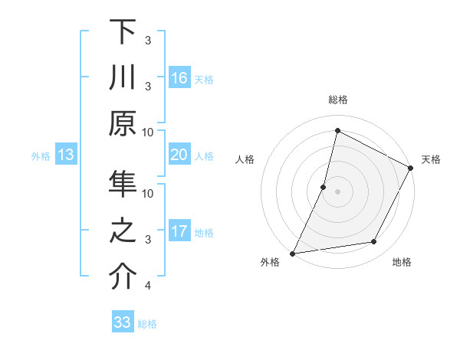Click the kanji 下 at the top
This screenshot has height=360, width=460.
[123, 32]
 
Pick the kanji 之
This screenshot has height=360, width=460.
[123, 232]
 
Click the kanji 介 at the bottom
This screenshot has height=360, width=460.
[123, 277]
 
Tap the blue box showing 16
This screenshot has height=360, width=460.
[179, 78]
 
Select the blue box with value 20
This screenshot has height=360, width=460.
[179, 155]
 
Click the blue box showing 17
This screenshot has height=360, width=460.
[179, 231]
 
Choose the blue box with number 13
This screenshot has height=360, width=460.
[65, 155]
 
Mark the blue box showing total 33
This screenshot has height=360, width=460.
[123, 322]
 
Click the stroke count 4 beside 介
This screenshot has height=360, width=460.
[148, 286]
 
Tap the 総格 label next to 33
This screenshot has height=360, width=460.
[147, 324]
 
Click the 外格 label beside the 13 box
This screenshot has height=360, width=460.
[41, 156]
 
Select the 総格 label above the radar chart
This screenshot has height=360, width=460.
[337, 100]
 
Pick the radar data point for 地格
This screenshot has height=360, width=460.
[374, 242]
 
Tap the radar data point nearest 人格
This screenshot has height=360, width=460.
[324, 187]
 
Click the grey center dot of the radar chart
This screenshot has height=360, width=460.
[337, 191]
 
